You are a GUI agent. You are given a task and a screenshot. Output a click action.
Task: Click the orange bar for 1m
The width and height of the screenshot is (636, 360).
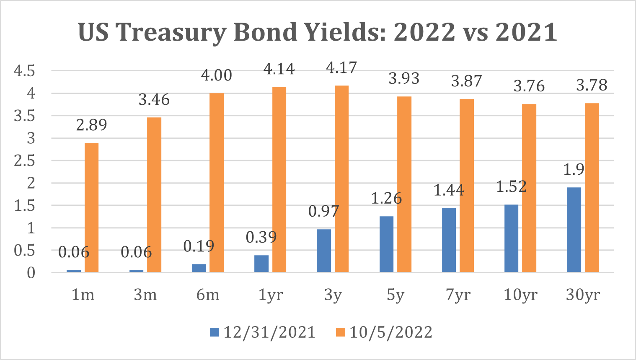click(92, 207)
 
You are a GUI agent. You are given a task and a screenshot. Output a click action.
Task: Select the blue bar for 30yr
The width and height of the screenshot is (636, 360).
click(574, 230)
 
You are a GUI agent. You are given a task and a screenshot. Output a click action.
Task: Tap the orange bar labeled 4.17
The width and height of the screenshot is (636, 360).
click(341, 179)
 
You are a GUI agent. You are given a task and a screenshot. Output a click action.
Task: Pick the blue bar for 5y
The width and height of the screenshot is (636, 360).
click(386, 244)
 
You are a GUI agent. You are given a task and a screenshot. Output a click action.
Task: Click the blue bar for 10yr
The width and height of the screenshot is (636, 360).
click(511, 238)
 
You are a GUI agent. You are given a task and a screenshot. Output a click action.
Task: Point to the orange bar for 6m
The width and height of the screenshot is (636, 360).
click(217, 183)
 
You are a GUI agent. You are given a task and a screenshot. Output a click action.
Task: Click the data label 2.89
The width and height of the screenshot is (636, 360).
click(92, 125)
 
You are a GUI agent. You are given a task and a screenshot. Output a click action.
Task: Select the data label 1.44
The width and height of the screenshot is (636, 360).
click(449, 190)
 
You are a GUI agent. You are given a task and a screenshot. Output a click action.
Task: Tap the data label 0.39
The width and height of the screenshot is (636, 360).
click(261, 237)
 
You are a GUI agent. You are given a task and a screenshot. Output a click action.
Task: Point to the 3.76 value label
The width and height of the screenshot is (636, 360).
click(529, 86)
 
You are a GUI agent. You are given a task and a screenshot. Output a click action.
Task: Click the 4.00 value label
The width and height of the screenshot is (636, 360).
click(216, 75)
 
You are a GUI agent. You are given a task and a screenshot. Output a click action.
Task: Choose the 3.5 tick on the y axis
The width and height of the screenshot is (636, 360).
click(24, 116)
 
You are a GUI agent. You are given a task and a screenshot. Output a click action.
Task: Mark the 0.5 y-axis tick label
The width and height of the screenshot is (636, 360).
click(24, 251)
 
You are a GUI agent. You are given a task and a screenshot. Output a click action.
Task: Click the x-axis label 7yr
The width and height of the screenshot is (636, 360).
click(458, 295)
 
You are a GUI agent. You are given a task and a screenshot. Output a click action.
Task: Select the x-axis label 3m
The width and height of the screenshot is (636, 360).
click(145, 295)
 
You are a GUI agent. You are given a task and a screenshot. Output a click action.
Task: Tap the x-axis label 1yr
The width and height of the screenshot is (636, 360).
click(270, 295)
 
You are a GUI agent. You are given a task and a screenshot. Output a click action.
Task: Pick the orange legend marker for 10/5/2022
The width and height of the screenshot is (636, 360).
click(341, 332)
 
